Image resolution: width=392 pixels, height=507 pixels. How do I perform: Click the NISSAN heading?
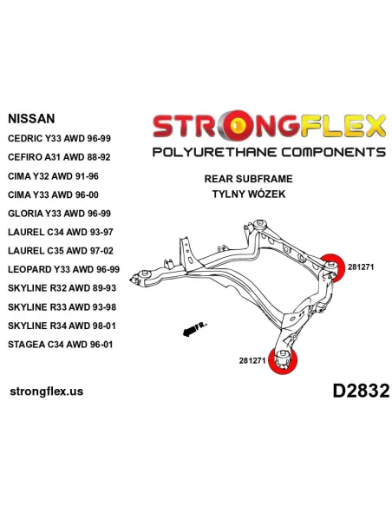click(31, 119)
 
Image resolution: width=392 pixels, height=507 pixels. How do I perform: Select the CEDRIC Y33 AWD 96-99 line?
click(60, 138)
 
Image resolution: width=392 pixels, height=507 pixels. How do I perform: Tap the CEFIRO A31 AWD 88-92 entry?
click(59, 157)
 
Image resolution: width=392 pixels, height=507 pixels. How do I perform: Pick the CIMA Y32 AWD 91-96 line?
click(53, 176)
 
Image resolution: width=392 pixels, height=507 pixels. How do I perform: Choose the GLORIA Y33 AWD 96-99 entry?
click(60, 214)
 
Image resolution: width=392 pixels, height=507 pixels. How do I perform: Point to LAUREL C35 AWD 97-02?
click(61, 251)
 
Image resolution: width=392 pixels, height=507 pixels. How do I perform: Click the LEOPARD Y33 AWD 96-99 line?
click(64, 269)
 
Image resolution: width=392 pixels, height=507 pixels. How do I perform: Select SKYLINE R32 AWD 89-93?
click(62, 288)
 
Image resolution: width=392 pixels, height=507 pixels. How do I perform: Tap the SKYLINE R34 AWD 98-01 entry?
click(62, 326)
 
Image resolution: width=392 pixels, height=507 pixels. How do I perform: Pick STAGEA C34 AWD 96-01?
click(61, 345)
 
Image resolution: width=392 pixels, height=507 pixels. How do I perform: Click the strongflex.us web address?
click(47, 392)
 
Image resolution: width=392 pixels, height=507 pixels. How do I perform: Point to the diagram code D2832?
click(361, 391)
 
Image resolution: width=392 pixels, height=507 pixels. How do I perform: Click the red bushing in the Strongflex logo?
click(239, 125)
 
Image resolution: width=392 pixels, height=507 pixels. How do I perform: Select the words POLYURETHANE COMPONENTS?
click(269, 152)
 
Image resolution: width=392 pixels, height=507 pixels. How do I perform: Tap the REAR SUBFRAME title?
click(248, 179)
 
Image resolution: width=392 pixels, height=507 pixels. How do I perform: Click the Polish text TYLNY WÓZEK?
click(249, 194)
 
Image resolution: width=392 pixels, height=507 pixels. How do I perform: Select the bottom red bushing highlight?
click(283, 360)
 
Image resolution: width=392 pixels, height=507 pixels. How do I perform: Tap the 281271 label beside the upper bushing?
click(361, 267)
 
